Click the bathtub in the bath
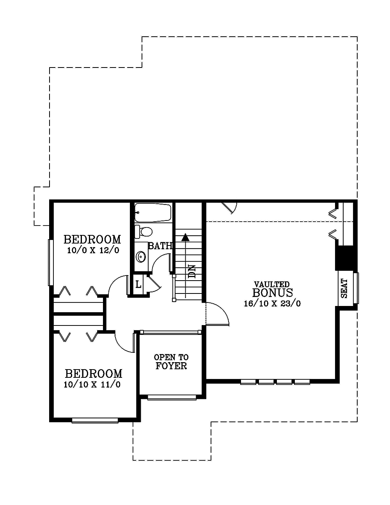(153, 213)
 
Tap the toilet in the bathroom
(144, 231)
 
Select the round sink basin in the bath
(141, 257)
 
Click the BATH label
(160, 245)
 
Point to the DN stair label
(192, 272)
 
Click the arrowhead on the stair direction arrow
(185, 237)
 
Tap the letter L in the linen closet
(138, 284)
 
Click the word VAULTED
(272, 284)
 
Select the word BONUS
(273, 293)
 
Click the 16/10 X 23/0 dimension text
(272, 304)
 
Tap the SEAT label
(344, 288)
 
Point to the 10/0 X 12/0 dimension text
(93, 250)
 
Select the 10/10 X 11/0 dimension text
(92, 385)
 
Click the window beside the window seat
(356, 288)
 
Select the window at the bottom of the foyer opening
(172, 397)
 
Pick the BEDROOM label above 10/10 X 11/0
(94, 374)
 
